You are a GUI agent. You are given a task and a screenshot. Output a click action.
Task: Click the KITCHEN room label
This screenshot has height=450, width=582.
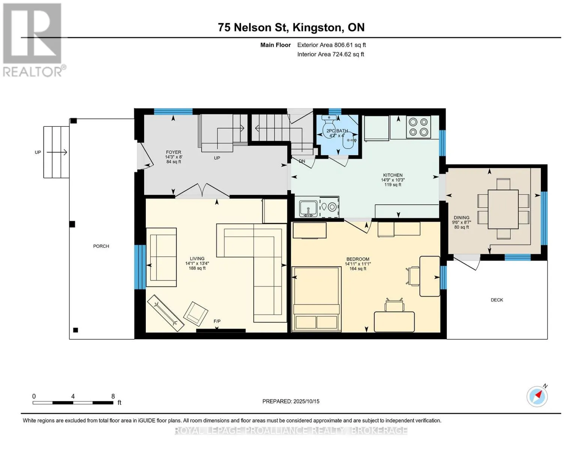(393, 175)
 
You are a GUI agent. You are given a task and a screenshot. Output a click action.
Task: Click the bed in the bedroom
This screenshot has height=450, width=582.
(316, 299)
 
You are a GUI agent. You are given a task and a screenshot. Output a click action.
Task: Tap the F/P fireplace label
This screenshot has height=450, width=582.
(217, 321)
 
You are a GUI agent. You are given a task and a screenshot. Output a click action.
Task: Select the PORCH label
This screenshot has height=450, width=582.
(101, 246)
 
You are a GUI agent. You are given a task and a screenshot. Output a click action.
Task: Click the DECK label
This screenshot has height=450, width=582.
(497, 300)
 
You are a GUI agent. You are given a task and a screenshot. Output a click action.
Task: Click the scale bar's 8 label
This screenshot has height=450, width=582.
(113, 396)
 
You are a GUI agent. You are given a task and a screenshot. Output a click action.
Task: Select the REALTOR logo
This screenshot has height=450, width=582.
(33, 40)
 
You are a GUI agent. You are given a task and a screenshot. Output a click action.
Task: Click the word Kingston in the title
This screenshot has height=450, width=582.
(318, 27)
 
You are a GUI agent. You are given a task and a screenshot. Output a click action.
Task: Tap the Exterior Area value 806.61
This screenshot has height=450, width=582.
(343, 45)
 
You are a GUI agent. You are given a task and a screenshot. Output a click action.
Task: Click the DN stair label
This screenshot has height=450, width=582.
(302, 161)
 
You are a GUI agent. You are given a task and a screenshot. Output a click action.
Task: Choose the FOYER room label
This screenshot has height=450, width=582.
(173, 152)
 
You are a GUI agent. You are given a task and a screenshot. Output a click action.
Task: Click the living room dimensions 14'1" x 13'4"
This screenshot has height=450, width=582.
(197, 263)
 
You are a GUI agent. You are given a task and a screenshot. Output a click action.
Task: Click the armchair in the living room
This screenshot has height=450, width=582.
(196, 312)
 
